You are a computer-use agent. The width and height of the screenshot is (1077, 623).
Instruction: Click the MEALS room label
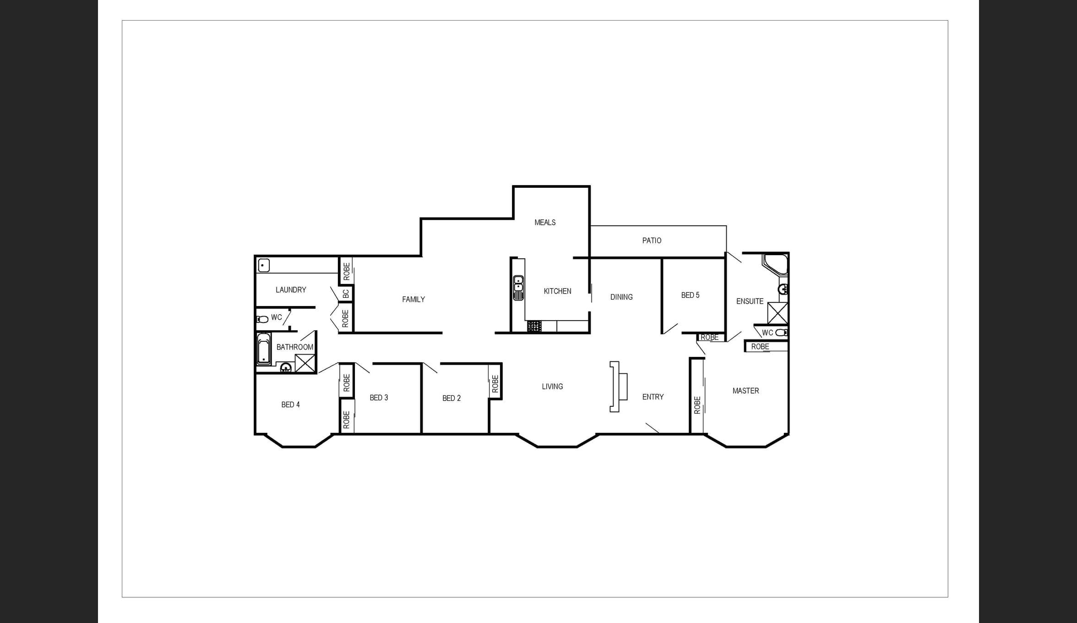click(x=545, y=223)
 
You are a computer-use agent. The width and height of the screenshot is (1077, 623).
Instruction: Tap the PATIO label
click(x=652, y=240)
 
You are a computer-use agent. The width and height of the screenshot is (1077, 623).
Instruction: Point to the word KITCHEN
click(x=557, y=291)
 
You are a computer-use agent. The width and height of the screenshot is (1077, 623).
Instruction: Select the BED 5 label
click(x=690, y=295)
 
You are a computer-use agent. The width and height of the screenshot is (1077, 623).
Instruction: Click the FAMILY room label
click(x=413, y=300)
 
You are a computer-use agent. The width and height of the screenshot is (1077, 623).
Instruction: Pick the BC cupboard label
click(x=346, y=293)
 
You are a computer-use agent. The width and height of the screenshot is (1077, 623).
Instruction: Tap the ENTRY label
click(x=653, y=397)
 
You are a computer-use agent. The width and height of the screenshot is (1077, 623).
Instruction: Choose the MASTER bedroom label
click(x=745, y=391)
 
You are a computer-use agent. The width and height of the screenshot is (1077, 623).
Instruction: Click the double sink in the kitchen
click(x=518, y=288)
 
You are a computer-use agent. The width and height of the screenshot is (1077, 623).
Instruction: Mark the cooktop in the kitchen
click(x=534, y=326)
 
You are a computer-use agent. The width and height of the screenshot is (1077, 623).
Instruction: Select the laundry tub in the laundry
click(x=264, y=265)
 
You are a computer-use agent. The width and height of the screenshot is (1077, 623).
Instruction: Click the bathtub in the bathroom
click(x=264, y=349)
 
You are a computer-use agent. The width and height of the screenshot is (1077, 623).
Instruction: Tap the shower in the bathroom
click(x=305, y=363)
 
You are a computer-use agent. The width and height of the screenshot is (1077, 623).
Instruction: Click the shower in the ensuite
click(x=778, y=313)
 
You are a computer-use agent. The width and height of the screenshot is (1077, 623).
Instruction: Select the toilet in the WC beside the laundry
click(x=262, y=319)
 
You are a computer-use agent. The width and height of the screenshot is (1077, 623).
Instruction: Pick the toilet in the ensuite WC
click(x=782, y=333)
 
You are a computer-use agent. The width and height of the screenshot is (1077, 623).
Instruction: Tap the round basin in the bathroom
click(x=286, y=367)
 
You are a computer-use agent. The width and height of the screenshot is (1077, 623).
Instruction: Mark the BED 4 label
click(x=290, y=405)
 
